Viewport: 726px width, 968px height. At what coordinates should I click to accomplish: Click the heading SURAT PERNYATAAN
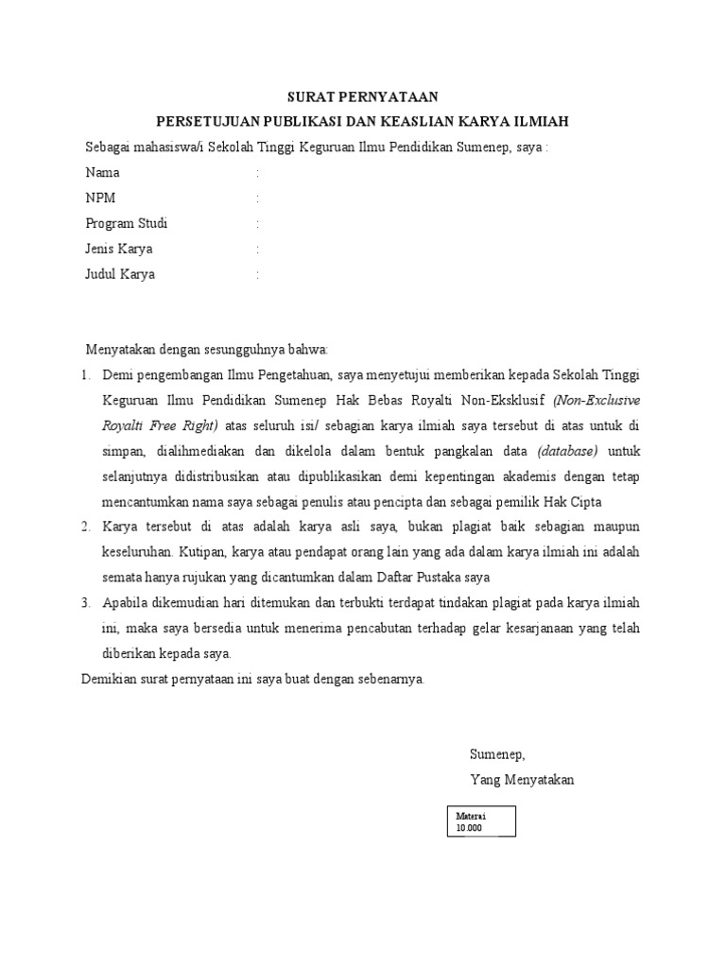[x=363, y=96]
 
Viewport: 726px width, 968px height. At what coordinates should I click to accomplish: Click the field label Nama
[x=103, y=173]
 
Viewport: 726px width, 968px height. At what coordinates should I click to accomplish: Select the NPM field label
[x=101, y=199]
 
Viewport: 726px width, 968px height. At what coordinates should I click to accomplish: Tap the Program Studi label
[x=127, y=224]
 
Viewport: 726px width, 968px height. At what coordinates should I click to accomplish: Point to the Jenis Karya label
[x=119, y=250]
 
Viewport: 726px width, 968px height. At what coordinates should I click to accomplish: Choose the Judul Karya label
[x=120, y=275]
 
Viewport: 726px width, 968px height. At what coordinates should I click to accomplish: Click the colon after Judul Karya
[x=257, y=275]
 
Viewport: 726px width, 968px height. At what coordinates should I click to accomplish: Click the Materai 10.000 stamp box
[x=482, y=821]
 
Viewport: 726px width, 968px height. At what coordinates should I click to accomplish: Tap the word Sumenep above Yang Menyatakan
[x=496, y=754]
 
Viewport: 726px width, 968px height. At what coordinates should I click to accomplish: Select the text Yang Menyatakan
[x=522, y=780]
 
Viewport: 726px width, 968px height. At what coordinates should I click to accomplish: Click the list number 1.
[x=85, y=375]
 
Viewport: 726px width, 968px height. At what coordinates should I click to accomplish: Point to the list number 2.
[x=85, y=526]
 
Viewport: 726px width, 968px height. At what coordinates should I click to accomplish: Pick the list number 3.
[x=85, y=602]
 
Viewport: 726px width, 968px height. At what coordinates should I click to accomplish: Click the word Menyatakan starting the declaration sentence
[x=120, y=350]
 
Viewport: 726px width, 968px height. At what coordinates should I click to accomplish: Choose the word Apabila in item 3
[x=125, y=602]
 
